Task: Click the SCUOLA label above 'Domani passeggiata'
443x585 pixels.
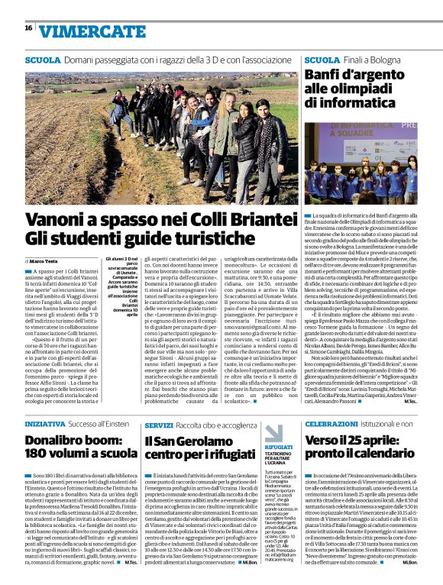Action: (43, 59)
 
